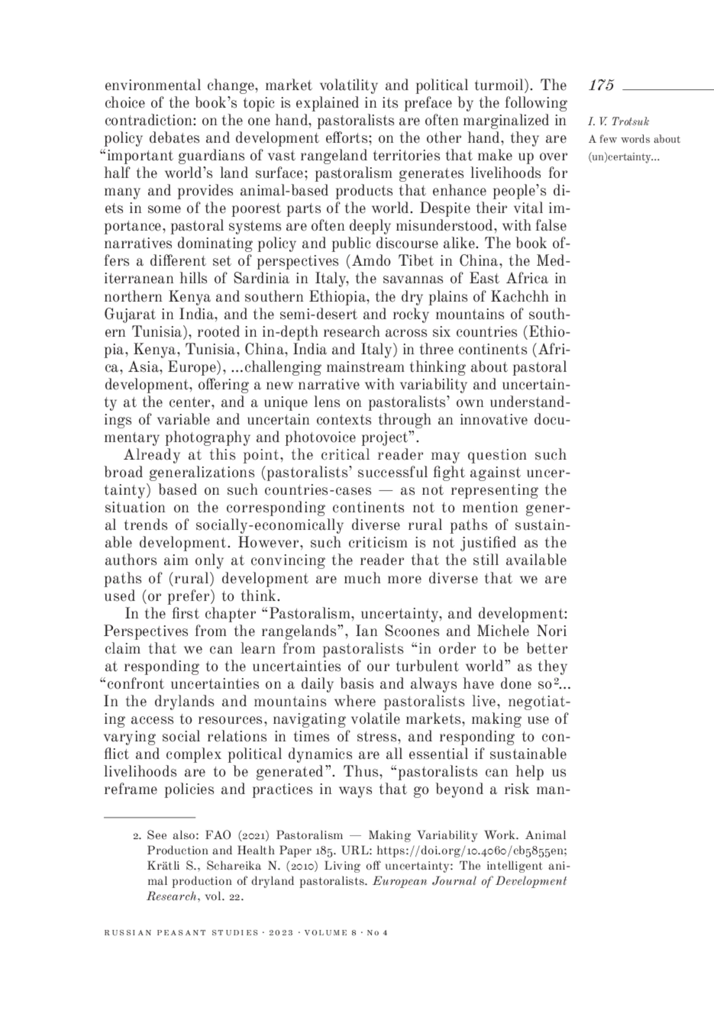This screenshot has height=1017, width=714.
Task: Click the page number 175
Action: [601, 85]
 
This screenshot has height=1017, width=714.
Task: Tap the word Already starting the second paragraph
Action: [152, 456]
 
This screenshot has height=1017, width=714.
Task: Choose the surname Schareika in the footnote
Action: [235, 866]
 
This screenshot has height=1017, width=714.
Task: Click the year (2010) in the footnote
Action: [292, 866]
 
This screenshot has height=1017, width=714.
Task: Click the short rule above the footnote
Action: [149, 818]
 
